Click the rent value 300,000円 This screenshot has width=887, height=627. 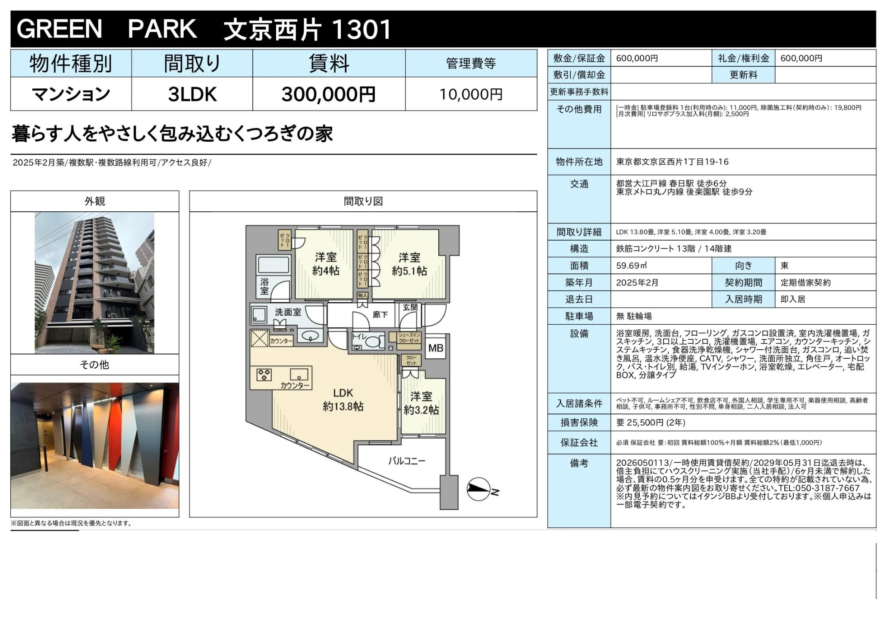(x=328, y=94)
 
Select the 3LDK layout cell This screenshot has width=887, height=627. (x=192, y=94)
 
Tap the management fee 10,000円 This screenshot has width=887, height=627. (x=471, y=94)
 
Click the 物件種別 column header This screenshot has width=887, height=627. (x=71, y=64)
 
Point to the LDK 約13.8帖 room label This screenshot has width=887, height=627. (x=343, y=400)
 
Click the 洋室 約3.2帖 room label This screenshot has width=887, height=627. (x=421, y=403)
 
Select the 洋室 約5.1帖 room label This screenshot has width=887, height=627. (x=409, y=264)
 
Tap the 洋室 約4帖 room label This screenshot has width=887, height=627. (x=326, y=264)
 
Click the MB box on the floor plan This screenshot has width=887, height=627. (x=436, y=348)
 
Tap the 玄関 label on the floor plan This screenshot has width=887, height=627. (x=410, y=307)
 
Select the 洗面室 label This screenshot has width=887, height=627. (x=288, y=312)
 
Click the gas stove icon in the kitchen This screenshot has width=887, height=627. (x=264, y=374)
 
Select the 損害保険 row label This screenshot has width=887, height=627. (x=579, y=423)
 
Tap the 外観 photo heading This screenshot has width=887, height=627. (x=95, y=201)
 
